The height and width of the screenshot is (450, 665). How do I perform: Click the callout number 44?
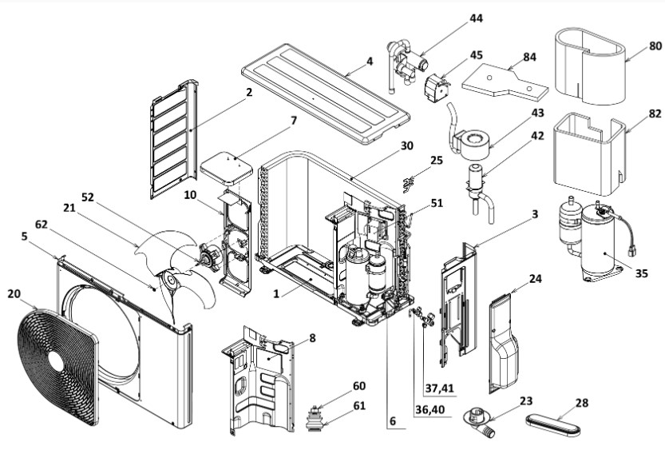(x=476, y=18)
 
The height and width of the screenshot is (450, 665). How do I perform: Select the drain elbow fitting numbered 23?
(x=480, y=420)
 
